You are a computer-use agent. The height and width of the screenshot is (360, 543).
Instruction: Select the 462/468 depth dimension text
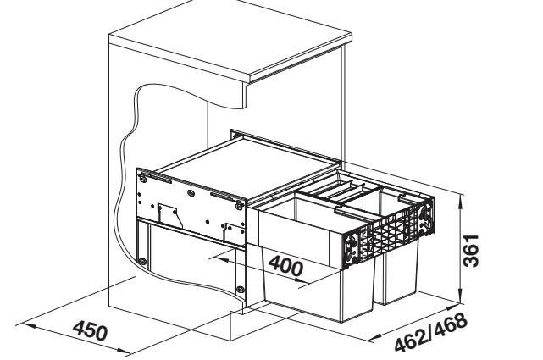pyautogui.click(x=432, y=333)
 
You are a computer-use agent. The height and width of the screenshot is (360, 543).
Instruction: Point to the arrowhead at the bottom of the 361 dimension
pyautogui.click(x=462, y=302)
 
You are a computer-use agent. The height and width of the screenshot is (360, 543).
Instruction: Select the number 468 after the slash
pyautogui.click(x=450, y=324)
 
